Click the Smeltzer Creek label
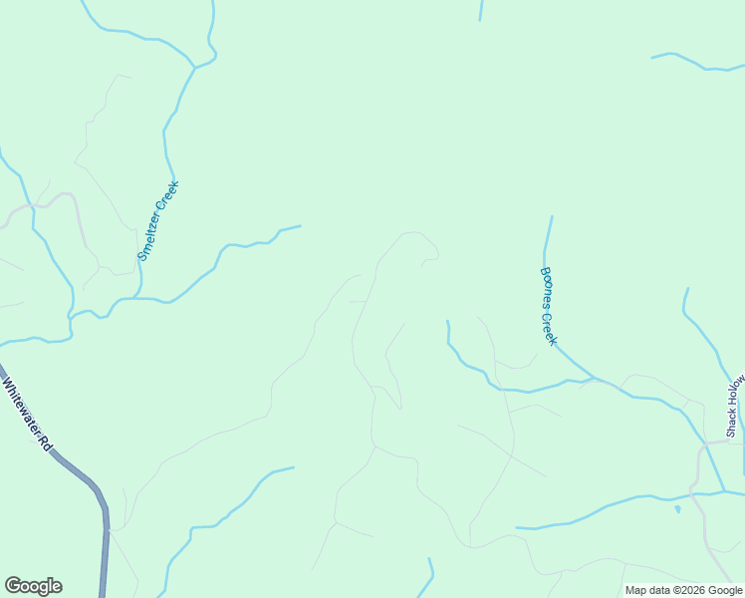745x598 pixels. [158, 221]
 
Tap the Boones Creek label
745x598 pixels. [548, 306]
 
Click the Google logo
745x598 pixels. [33, 586]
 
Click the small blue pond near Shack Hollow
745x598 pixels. [677, 509]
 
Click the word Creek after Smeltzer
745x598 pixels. [169, 196]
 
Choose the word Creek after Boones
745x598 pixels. [549, 329]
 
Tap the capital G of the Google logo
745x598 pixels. [13, 586]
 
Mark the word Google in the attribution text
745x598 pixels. [723, 590]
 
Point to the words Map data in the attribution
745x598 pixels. [647, 590]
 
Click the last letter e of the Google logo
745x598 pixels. [56, 587]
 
